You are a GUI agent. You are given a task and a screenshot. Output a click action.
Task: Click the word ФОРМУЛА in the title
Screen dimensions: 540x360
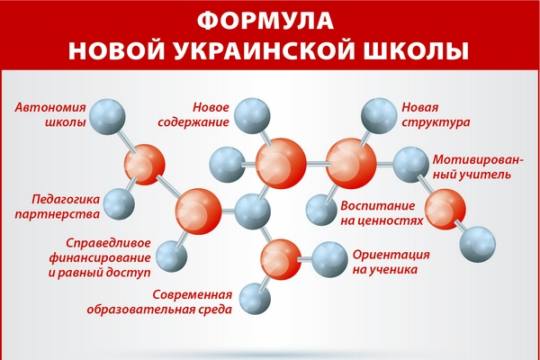click(265, 21)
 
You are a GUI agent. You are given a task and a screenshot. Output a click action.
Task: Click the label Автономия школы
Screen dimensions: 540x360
click(50, 114)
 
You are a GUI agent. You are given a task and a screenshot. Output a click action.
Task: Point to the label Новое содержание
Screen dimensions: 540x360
click(193, 114)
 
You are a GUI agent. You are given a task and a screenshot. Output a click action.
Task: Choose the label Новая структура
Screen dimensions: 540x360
click(436, 114)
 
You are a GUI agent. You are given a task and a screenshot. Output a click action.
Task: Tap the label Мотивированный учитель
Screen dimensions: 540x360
click(478, 166)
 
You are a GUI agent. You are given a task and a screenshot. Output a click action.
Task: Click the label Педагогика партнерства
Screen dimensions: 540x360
click(58, 206)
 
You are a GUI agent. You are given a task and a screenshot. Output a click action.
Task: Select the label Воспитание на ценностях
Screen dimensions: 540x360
click(382, 212)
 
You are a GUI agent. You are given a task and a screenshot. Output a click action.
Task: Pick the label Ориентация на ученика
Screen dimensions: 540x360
click(391, 262)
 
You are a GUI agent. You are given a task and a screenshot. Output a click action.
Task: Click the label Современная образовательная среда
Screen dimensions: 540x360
click(159, 301)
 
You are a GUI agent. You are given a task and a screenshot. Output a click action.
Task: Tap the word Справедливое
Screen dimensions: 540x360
click(109, 243)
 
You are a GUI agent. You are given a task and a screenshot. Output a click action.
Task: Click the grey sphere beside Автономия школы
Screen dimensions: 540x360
click(107, 116)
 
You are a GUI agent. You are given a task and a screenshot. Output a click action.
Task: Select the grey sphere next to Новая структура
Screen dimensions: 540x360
click(379, 116)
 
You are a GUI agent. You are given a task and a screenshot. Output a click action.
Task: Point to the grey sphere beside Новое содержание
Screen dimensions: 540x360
click(252, 115)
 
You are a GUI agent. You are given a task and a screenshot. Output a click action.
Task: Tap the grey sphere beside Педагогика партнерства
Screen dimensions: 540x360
click(119, 204)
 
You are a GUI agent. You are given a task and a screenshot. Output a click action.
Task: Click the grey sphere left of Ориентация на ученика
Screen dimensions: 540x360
click(329, 259)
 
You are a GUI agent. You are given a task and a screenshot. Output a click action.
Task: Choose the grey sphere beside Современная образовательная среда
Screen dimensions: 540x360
click(255, 299)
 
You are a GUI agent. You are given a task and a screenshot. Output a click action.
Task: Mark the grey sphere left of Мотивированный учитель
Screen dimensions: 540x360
click(411, 165)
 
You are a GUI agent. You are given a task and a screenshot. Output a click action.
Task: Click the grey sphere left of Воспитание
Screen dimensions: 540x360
click(321, 210)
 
